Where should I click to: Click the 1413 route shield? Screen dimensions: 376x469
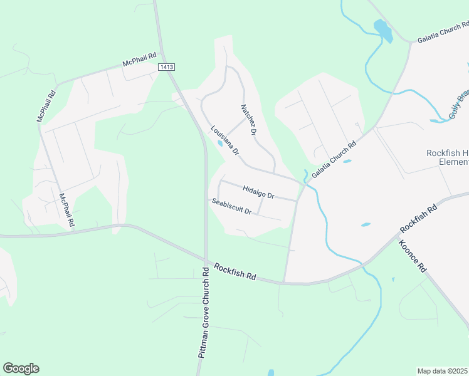click(x=166, y=67)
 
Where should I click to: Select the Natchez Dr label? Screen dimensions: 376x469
click(x=249, y=120)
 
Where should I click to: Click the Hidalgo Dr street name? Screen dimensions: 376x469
click(x=258, y=191)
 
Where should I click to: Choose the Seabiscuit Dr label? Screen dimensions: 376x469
click(x=231, y=206)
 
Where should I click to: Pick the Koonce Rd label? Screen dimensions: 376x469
click(x=413, y=256)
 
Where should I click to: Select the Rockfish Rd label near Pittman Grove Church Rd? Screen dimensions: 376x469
click(x=235, y=271)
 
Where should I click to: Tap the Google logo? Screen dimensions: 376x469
click(x=21, y=368)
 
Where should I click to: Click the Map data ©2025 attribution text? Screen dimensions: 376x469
click(x=443, y=371)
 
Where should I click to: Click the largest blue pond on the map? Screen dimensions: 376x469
click(x=382, y=30)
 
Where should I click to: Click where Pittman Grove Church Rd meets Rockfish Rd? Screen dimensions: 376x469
click(x=206, y=261)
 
